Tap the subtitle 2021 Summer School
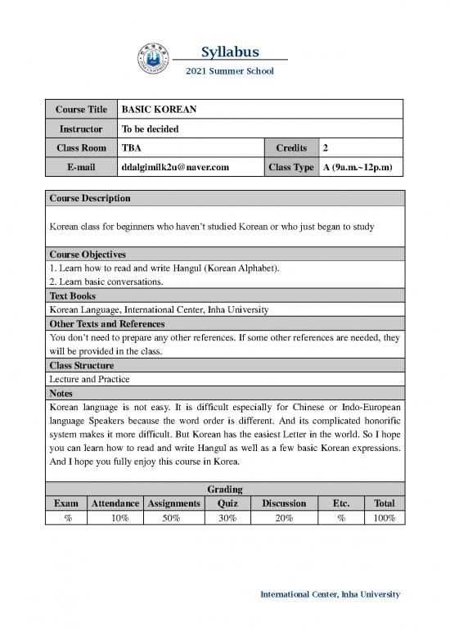[x=230, y=71]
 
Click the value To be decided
[x=150, y=129]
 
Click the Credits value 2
[x=326, y=148]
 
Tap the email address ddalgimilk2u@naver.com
[x=175, y=168]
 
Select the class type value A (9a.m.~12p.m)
[x=358, y=168]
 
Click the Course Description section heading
[x=90, y=199]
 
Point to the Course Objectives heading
[x=88, y=255]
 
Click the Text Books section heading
[x=73, y=295]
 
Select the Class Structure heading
[x=82, y=365]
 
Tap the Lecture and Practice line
[x=89, y=379]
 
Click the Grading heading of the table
[x=224, y=489]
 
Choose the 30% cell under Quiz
[x=227, y=518]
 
